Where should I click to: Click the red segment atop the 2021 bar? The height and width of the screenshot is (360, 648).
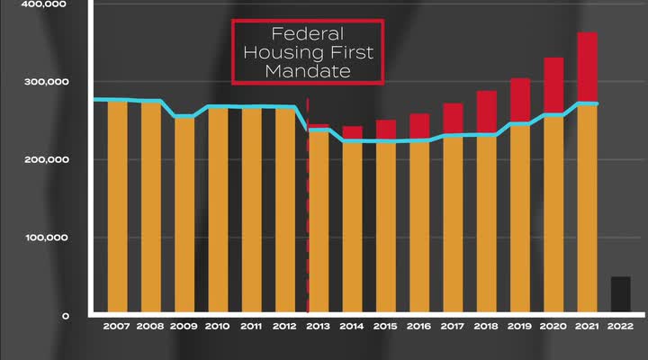pos(587,67)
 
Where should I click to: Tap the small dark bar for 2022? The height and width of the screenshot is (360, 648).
pos(620,295)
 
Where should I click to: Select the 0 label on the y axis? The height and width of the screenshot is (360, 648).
pos(66,317)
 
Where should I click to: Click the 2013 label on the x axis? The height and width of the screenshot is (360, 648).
pos(319,327)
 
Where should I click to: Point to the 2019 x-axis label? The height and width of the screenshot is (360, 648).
pos(520,327)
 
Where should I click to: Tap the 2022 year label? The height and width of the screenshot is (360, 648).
pos(620,327)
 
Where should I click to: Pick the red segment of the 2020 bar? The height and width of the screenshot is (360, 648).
pos(553,85)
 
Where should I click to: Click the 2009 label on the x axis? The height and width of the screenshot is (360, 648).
pos(184,327)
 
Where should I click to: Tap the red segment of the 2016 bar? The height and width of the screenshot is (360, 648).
pos(419,126)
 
